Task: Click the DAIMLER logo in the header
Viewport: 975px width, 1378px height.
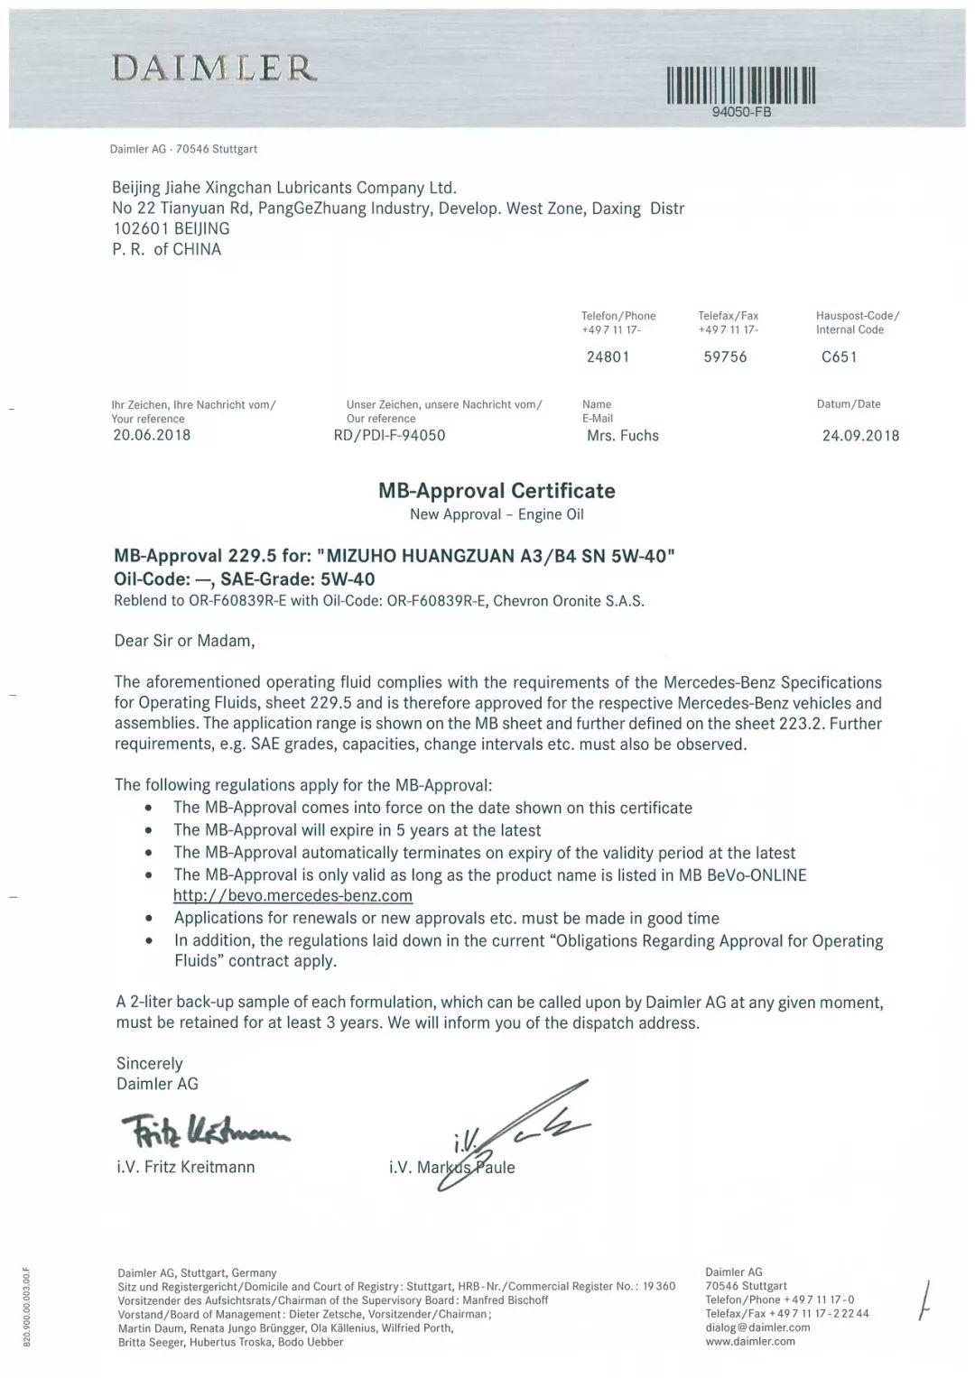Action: [214, 68]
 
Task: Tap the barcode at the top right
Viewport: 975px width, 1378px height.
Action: [740, 86]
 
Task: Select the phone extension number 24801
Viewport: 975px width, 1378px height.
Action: [608, 356]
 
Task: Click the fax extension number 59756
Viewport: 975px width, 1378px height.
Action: [725, 356]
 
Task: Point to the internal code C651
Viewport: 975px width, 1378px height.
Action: [839, 356]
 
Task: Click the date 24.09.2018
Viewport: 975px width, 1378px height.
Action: [860, 436]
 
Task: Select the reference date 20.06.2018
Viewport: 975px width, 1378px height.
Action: [151, 435]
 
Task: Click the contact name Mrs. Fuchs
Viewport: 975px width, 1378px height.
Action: [622, 436]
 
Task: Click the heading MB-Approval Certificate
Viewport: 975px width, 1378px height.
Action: [497, 491]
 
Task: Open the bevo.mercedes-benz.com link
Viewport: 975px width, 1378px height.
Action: [292, 896]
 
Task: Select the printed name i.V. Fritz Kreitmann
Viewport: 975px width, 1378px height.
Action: [185, 1167]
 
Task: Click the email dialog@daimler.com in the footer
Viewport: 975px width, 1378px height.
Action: [757, 1327]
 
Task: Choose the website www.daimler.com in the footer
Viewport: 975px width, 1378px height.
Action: [750, 1342]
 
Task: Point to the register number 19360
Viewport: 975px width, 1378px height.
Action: [658, 1286]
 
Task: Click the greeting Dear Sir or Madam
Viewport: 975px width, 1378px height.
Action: [184, 641]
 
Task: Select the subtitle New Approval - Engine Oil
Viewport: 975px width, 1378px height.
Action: [497, 514]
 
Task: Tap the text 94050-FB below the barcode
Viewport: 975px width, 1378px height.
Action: [741, 113]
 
